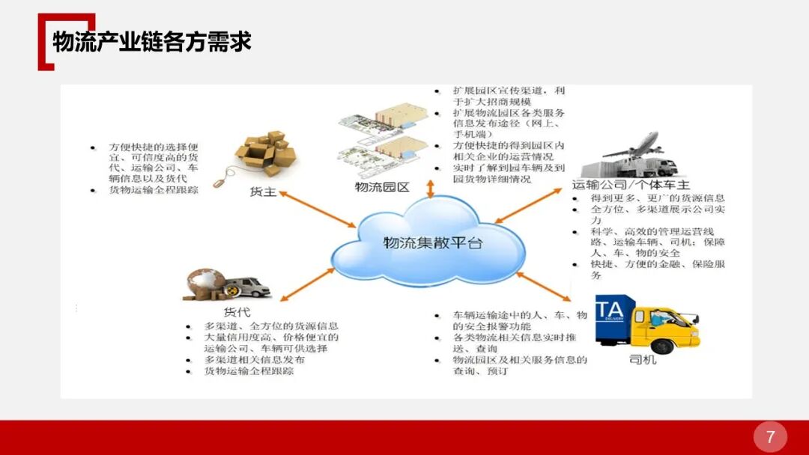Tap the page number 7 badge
pos(770,436)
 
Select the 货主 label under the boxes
pos(263,192)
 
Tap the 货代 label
pos(237,312)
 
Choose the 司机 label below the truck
pos(643,360)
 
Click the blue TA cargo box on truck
pos(614,318)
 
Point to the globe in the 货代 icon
pos(203,281)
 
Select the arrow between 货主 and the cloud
pos(318,211)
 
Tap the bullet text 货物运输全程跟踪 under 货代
pos(249,370)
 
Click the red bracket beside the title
pos(46,42)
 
